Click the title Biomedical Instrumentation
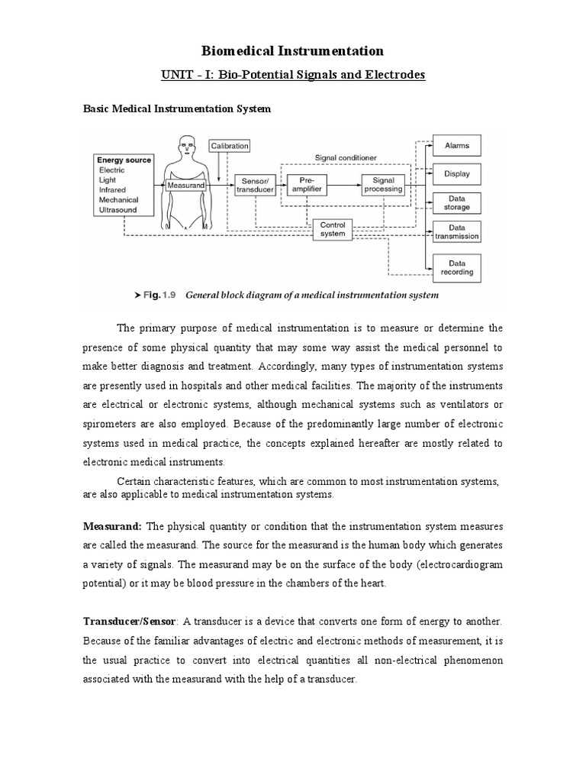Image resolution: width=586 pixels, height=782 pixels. [292, 51]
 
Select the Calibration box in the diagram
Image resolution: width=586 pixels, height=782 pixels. [229, 146]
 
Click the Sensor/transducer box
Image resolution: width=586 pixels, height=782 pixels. [253, 184]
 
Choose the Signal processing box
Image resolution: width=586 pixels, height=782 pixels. [383, 184]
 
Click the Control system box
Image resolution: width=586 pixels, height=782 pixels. [333, 229]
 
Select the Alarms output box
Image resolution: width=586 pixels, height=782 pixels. [457, 145]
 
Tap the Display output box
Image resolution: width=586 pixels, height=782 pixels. [457, 173]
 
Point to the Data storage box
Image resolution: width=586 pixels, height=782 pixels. [457, 202]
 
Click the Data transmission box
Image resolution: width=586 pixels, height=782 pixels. [457, 232]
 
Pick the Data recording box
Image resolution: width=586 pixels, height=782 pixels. [457, 267]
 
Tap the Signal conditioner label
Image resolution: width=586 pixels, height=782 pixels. [346, 157]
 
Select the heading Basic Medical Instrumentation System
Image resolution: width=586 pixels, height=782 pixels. [176, 109]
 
